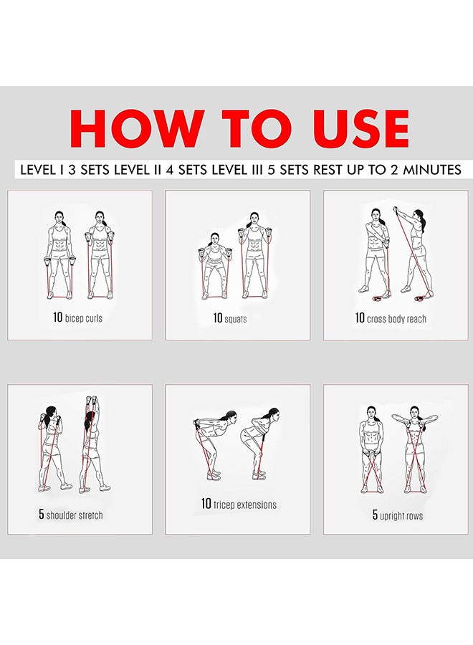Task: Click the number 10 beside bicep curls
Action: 57,317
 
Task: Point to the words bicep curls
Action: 84,317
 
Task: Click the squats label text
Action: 236,318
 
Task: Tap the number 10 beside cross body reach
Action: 360,317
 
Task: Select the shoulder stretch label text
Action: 75,515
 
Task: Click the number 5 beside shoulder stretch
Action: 42,515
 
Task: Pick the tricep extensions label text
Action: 244,505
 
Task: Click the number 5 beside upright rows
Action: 375,515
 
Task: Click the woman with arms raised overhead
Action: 92,444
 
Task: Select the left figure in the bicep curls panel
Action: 59,254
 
